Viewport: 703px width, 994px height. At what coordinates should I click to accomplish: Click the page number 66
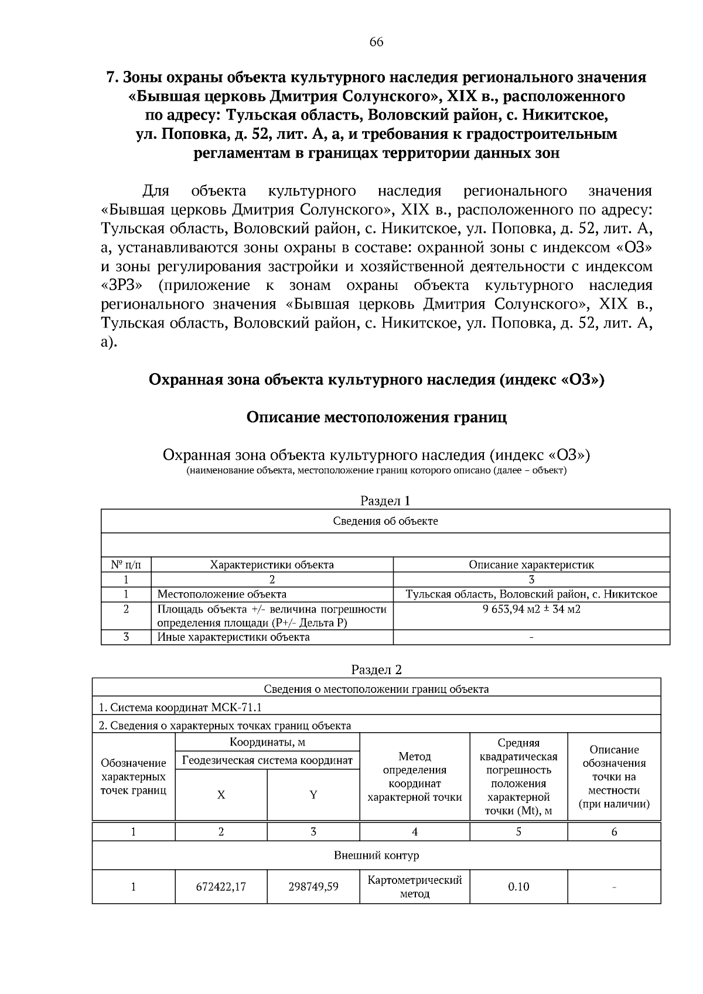point(376,42)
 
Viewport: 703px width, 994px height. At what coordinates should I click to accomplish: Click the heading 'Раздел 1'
point(385,501)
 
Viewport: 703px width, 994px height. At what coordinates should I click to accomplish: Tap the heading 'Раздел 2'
point(376,670)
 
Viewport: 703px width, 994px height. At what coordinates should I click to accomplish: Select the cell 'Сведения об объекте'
point(385,521)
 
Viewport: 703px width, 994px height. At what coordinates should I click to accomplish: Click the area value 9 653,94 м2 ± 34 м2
point(531,609)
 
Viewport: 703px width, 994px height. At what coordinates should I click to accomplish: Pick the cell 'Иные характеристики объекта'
point(233,637)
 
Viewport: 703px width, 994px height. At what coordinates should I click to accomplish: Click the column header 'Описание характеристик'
point(531,565)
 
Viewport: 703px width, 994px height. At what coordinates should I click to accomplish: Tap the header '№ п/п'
point(125,565)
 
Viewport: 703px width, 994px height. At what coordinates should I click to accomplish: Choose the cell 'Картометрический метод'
point(414,887)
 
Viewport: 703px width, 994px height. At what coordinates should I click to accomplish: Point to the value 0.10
point(518,887)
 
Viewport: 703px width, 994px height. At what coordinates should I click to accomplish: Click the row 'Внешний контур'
point(376,855)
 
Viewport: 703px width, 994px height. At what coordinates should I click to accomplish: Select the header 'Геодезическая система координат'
point(267,760)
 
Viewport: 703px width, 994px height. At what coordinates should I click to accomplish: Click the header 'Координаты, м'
point(267,742)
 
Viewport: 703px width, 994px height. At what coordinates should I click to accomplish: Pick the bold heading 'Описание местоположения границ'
point(376,417)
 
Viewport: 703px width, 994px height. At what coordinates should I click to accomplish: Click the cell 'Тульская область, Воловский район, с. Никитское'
point(531,594)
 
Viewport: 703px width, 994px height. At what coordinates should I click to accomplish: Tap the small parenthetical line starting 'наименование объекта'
point(376,471)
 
